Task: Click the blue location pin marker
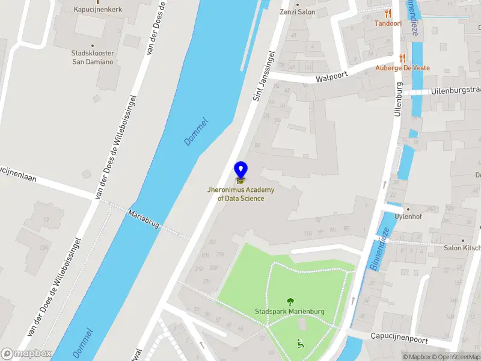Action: (240, 171)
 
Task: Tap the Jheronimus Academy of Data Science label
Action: (240, 194)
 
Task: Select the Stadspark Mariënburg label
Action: (290, 312)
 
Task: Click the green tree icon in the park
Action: (290, 301)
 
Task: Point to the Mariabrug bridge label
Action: (144, 218)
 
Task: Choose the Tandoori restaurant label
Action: (388, 23)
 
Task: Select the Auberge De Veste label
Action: (402, 68)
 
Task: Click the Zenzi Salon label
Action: (297, 11)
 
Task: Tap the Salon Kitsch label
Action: (462, 248)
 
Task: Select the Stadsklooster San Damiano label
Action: (93, 58)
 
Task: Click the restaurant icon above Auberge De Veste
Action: (402, 58)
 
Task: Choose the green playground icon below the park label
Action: (300, 344)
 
